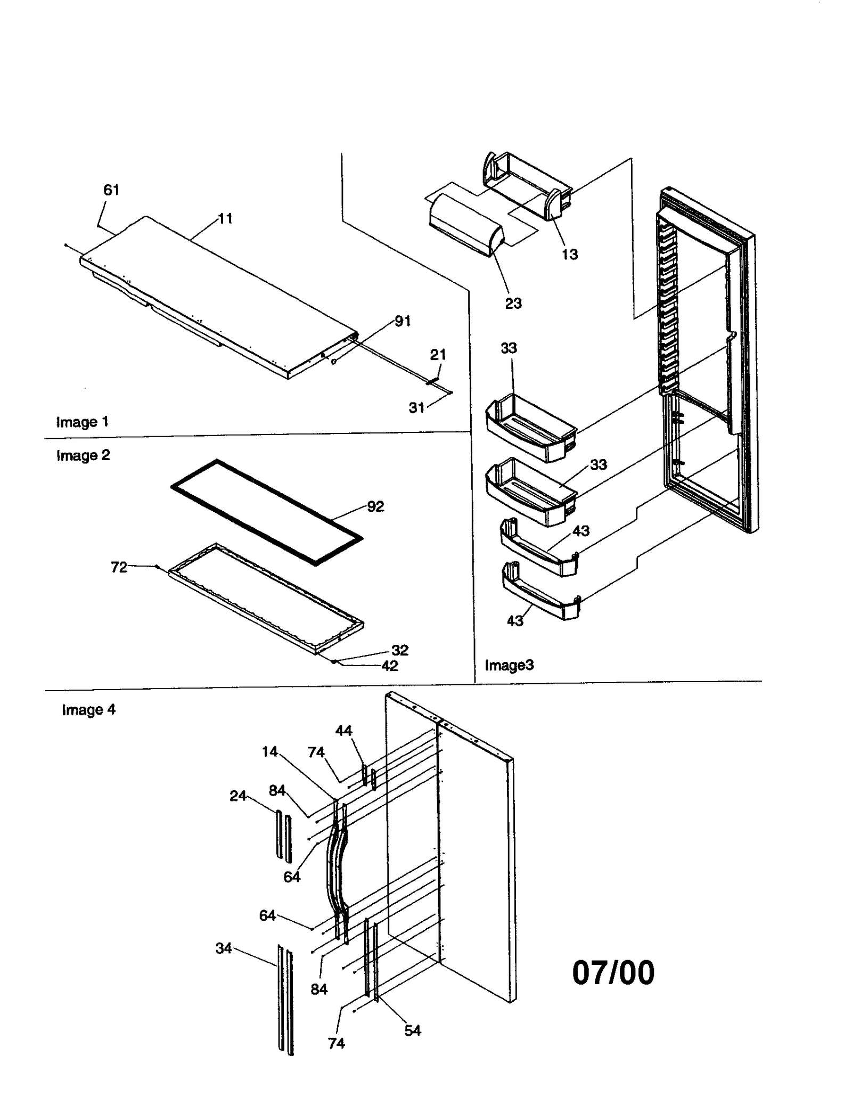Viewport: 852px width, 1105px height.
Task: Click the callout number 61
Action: [111, 190]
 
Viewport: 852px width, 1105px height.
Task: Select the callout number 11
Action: [225, 219]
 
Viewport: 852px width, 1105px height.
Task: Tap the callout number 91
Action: [403, 321]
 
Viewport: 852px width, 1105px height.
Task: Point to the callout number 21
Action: [438, 355]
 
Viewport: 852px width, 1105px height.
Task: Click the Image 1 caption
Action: [83, 422]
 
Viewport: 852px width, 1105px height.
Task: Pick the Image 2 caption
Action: [83, 455]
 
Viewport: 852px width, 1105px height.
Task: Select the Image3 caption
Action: [509, 665]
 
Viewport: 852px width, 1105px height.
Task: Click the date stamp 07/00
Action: [613, 973]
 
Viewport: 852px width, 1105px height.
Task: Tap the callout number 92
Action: [375, 506]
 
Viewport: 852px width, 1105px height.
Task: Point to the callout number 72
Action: [119, 568]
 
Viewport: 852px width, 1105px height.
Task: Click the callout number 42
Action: [390, 666]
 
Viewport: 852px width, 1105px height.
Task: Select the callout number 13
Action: [569, 255]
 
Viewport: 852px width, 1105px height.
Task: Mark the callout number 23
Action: [513, 304]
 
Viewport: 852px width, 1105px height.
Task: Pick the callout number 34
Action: [224, 948]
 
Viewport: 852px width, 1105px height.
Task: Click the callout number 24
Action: [237, 796]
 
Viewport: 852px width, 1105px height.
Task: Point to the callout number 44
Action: [343, 731]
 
